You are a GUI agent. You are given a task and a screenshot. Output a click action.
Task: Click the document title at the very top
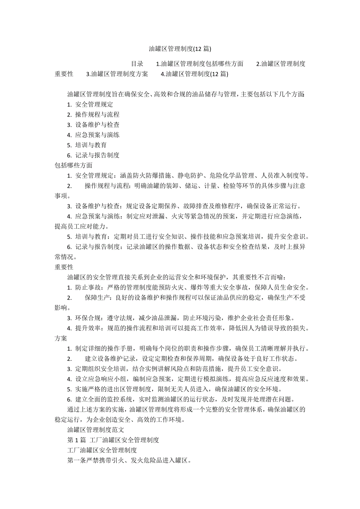click(180, 49)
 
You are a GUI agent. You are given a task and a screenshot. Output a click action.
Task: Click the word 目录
click(137, 64)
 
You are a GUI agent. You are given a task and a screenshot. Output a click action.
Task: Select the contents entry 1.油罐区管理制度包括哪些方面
click(200, 64)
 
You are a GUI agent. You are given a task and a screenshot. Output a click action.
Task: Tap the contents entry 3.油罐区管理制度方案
click(117, 74)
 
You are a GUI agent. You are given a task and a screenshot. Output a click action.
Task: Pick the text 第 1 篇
click(77, 440)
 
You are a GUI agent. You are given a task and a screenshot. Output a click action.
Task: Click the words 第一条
click(77, 460)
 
